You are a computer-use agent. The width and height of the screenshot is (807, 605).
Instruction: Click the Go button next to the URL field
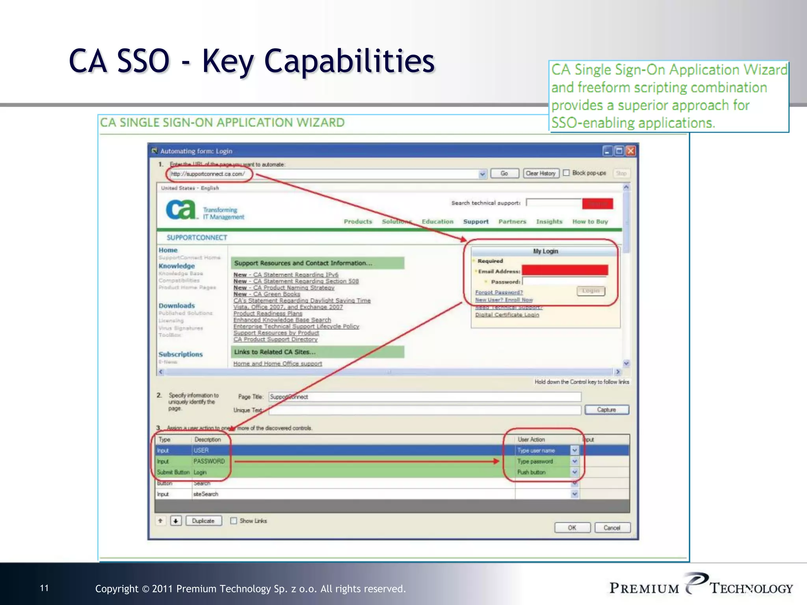point(504,174)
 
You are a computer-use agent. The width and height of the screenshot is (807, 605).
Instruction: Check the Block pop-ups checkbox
point(566,173)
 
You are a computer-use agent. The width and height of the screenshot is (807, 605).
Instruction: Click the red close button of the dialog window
point(631,151)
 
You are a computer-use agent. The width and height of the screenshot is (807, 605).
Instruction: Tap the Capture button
point(606,410)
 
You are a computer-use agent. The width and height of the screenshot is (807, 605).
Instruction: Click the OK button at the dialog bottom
point(572,528)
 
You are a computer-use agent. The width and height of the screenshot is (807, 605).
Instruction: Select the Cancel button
point(612,528)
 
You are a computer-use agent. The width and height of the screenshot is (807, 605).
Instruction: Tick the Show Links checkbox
point(234,521)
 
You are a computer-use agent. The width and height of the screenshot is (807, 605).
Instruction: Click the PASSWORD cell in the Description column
point(209,461)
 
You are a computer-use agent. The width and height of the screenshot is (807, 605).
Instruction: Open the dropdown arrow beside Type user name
point(575,450)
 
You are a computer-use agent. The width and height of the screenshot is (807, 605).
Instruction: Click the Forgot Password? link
point(499,292)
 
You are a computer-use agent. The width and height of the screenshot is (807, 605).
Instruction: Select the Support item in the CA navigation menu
point(476,222)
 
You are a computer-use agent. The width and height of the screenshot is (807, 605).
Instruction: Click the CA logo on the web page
point(181,210)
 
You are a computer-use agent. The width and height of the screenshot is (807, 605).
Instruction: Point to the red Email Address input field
point(565,270)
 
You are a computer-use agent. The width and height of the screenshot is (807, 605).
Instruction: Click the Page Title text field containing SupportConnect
point(424,397)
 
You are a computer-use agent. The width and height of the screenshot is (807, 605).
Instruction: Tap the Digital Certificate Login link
point(507,315)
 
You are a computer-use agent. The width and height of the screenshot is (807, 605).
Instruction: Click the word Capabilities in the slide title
point(349,61)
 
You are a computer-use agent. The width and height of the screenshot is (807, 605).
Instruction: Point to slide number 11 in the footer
point(45,588)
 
